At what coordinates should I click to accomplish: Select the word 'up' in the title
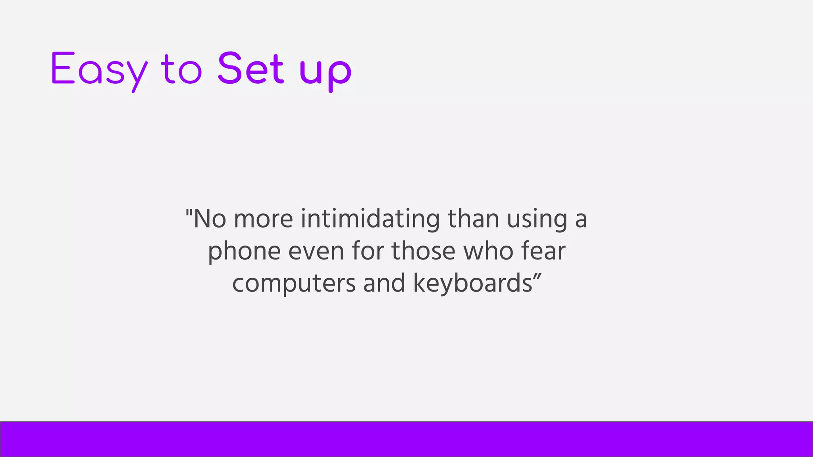click(x=325, y=71)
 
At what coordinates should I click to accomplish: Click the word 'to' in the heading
click(x=181, y=69)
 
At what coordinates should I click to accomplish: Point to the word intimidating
click(x=370, y=219)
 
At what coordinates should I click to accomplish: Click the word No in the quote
click(x=210, y=219)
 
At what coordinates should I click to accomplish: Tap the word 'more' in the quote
click(x=263, y=219)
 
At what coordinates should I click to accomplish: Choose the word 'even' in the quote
click(x=316, y=252)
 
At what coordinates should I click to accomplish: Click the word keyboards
click(x=472, y=283)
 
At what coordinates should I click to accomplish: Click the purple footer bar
click(x=406, y=439)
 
